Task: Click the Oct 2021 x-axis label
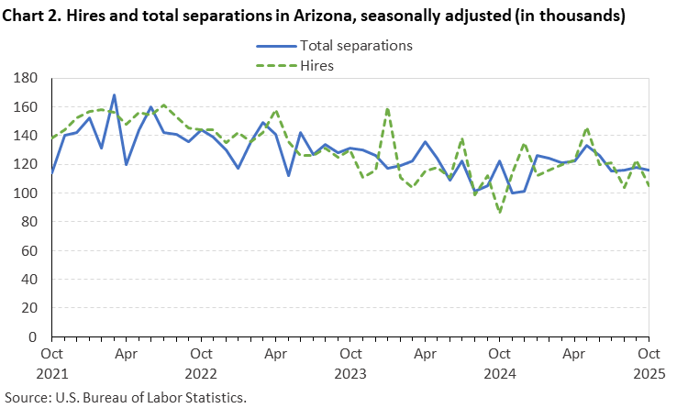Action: (51, 361)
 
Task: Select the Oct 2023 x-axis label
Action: (350, 361)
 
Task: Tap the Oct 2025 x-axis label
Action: (649, 361)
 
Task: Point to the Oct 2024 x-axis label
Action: (499, 361)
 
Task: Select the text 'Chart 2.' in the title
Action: (34, 16)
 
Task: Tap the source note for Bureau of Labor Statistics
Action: (125, 398)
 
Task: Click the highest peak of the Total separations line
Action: (114, 94)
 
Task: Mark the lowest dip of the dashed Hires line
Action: (499, 212)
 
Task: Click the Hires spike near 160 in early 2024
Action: (387, 108)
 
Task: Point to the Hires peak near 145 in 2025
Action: (586, 128)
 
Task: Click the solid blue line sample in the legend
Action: (274, 44)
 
